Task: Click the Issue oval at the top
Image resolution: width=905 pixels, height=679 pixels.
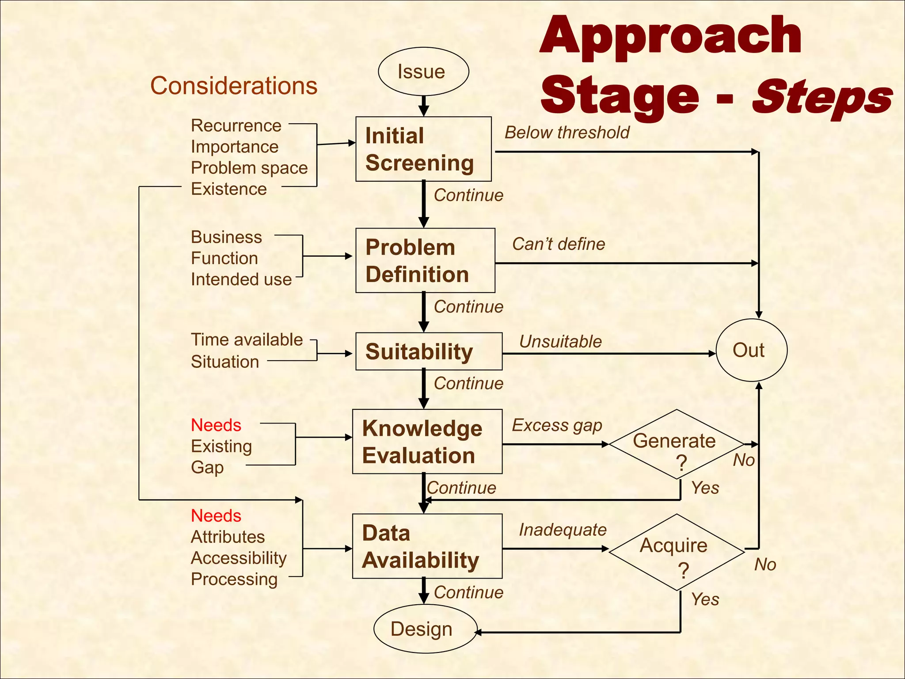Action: coord(423,72)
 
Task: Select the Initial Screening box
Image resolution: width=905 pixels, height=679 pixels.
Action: coord(423,149)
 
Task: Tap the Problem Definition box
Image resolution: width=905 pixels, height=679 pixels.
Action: coord(425,260)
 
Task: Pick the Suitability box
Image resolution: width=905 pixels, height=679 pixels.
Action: coord(428,351)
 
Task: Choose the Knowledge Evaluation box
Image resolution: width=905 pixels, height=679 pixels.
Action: coord(427,442)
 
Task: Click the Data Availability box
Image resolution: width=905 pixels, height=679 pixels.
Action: coord(427,546)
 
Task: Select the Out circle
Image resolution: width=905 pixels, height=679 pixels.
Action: coord(751,350)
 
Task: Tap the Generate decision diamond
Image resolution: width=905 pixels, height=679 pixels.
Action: coord(676,444)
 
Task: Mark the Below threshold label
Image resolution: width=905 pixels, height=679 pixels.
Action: coord(567,133)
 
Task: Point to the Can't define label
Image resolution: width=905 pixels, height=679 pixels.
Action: coord(559,244)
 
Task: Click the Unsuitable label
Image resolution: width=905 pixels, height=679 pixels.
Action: coord(560,342)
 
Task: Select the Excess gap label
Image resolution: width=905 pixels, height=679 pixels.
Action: coord(557,425)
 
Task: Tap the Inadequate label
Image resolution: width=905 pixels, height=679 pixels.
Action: coord(563,530)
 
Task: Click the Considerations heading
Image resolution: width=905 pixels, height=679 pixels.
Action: coord(234,86)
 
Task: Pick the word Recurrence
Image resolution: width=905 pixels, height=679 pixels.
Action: coord(236,126)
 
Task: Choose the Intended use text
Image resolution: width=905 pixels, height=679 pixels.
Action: coord(241,279)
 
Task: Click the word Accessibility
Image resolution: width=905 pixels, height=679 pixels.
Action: coord(239,558)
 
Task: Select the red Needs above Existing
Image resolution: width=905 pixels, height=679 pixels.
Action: coord(216,425)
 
